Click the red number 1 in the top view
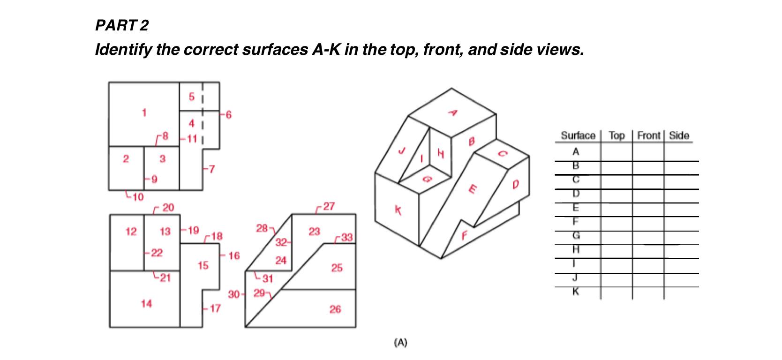pos(144,112)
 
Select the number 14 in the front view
pos(146,304)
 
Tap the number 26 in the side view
pos(335,309)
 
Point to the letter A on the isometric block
pos(453,112)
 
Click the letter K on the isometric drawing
pos(398,211)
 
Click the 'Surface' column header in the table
pos(578,136)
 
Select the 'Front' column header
pos(648,136)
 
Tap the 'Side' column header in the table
pos(678,136)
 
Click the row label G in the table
pos(576,236)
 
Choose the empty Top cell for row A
pos(616,152)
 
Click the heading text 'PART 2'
pos(121,25)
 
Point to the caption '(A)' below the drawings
pos(400,343)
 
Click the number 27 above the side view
pos(329,206)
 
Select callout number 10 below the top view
pos(137,197)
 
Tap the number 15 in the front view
pos(203,266)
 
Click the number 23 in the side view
pos(314,231)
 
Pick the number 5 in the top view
pos(191,97)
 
